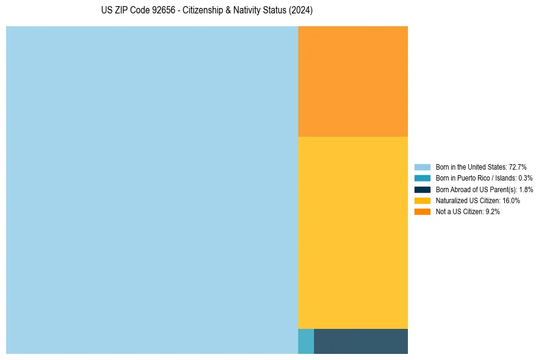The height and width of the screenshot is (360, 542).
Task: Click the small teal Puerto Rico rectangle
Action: [x=306, y=341]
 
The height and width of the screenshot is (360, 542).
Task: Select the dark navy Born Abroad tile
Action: [x=361, y=341]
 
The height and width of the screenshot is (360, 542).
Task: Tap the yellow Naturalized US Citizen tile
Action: [x=353, y=232]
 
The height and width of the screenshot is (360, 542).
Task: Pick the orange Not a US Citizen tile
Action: [x=353, y=81]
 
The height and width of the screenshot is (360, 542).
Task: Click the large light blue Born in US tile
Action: [x=152, y=190]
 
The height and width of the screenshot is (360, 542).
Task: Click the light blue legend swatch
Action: [x=423, y=167]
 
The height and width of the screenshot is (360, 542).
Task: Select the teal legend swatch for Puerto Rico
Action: [x=423, y=178]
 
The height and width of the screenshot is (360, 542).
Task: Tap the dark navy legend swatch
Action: [x=423, y=189]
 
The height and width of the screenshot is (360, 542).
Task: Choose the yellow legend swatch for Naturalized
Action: [x=423, y=200]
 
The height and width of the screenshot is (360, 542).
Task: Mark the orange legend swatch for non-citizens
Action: [x=423, y=211]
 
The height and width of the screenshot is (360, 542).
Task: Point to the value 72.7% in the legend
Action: [x=518, y=167]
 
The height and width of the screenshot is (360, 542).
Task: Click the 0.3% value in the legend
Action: [x=525, y=178]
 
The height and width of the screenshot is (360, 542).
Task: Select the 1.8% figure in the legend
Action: [x=526, y=189]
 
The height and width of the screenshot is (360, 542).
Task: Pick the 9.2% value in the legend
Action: [x=493, y=211]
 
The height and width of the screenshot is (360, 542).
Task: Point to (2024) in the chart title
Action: [x=302, y=11]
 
